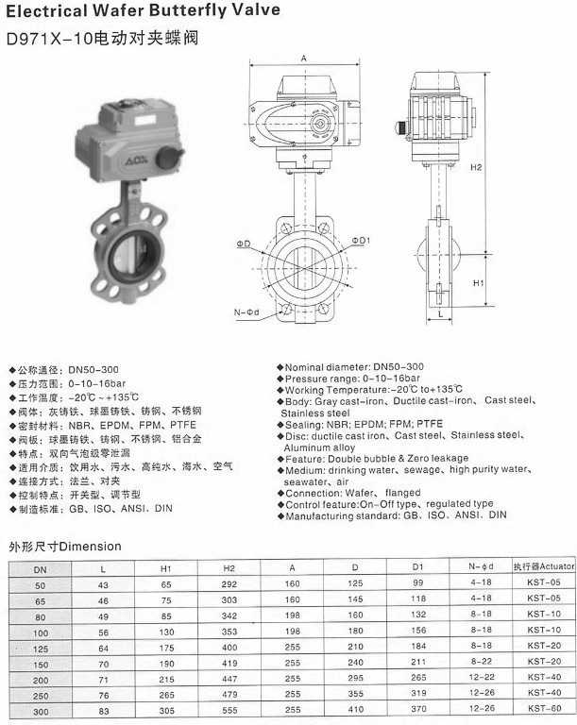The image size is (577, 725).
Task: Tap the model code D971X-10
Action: point(44,41)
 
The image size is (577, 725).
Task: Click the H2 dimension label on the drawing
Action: point(476,167)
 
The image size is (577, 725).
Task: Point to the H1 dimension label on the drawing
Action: point(478,282)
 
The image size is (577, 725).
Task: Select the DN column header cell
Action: point(39,568)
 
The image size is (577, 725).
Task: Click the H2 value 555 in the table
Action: point(229,709)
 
